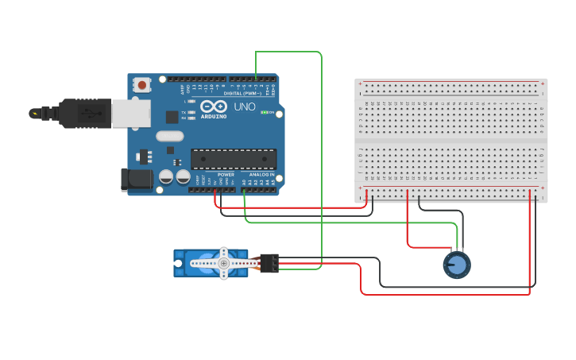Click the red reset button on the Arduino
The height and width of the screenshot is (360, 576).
point(141,84)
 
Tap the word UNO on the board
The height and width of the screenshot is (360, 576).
point(245,106)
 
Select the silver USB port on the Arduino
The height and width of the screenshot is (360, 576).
point(130,114)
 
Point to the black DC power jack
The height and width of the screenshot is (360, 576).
point(136,180)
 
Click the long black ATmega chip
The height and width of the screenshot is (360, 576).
point(234,159)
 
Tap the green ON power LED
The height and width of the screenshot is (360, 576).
point(265,112)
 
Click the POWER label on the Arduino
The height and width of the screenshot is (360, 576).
point(226,174)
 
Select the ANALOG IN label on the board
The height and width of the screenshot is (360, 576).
point(261,174)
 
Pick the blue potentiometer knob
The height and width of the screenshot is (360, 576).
point(457,265)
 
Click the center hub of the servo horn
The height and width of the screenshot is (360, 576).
point(224,263)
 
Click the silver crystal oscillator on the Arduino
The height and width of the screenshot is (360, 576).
point(170,136)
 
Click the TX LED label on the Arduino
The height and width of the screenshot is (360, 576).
point(184,112)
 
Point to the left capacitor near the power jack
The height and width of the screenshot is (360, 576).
point(167,176)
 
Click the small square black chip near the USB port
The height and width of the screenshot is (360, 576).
point(172,117)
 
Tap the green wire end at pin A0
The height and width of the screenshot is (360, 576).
point(244,192)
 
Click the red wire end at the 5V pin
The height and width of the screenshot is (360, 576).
point(216,192)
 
